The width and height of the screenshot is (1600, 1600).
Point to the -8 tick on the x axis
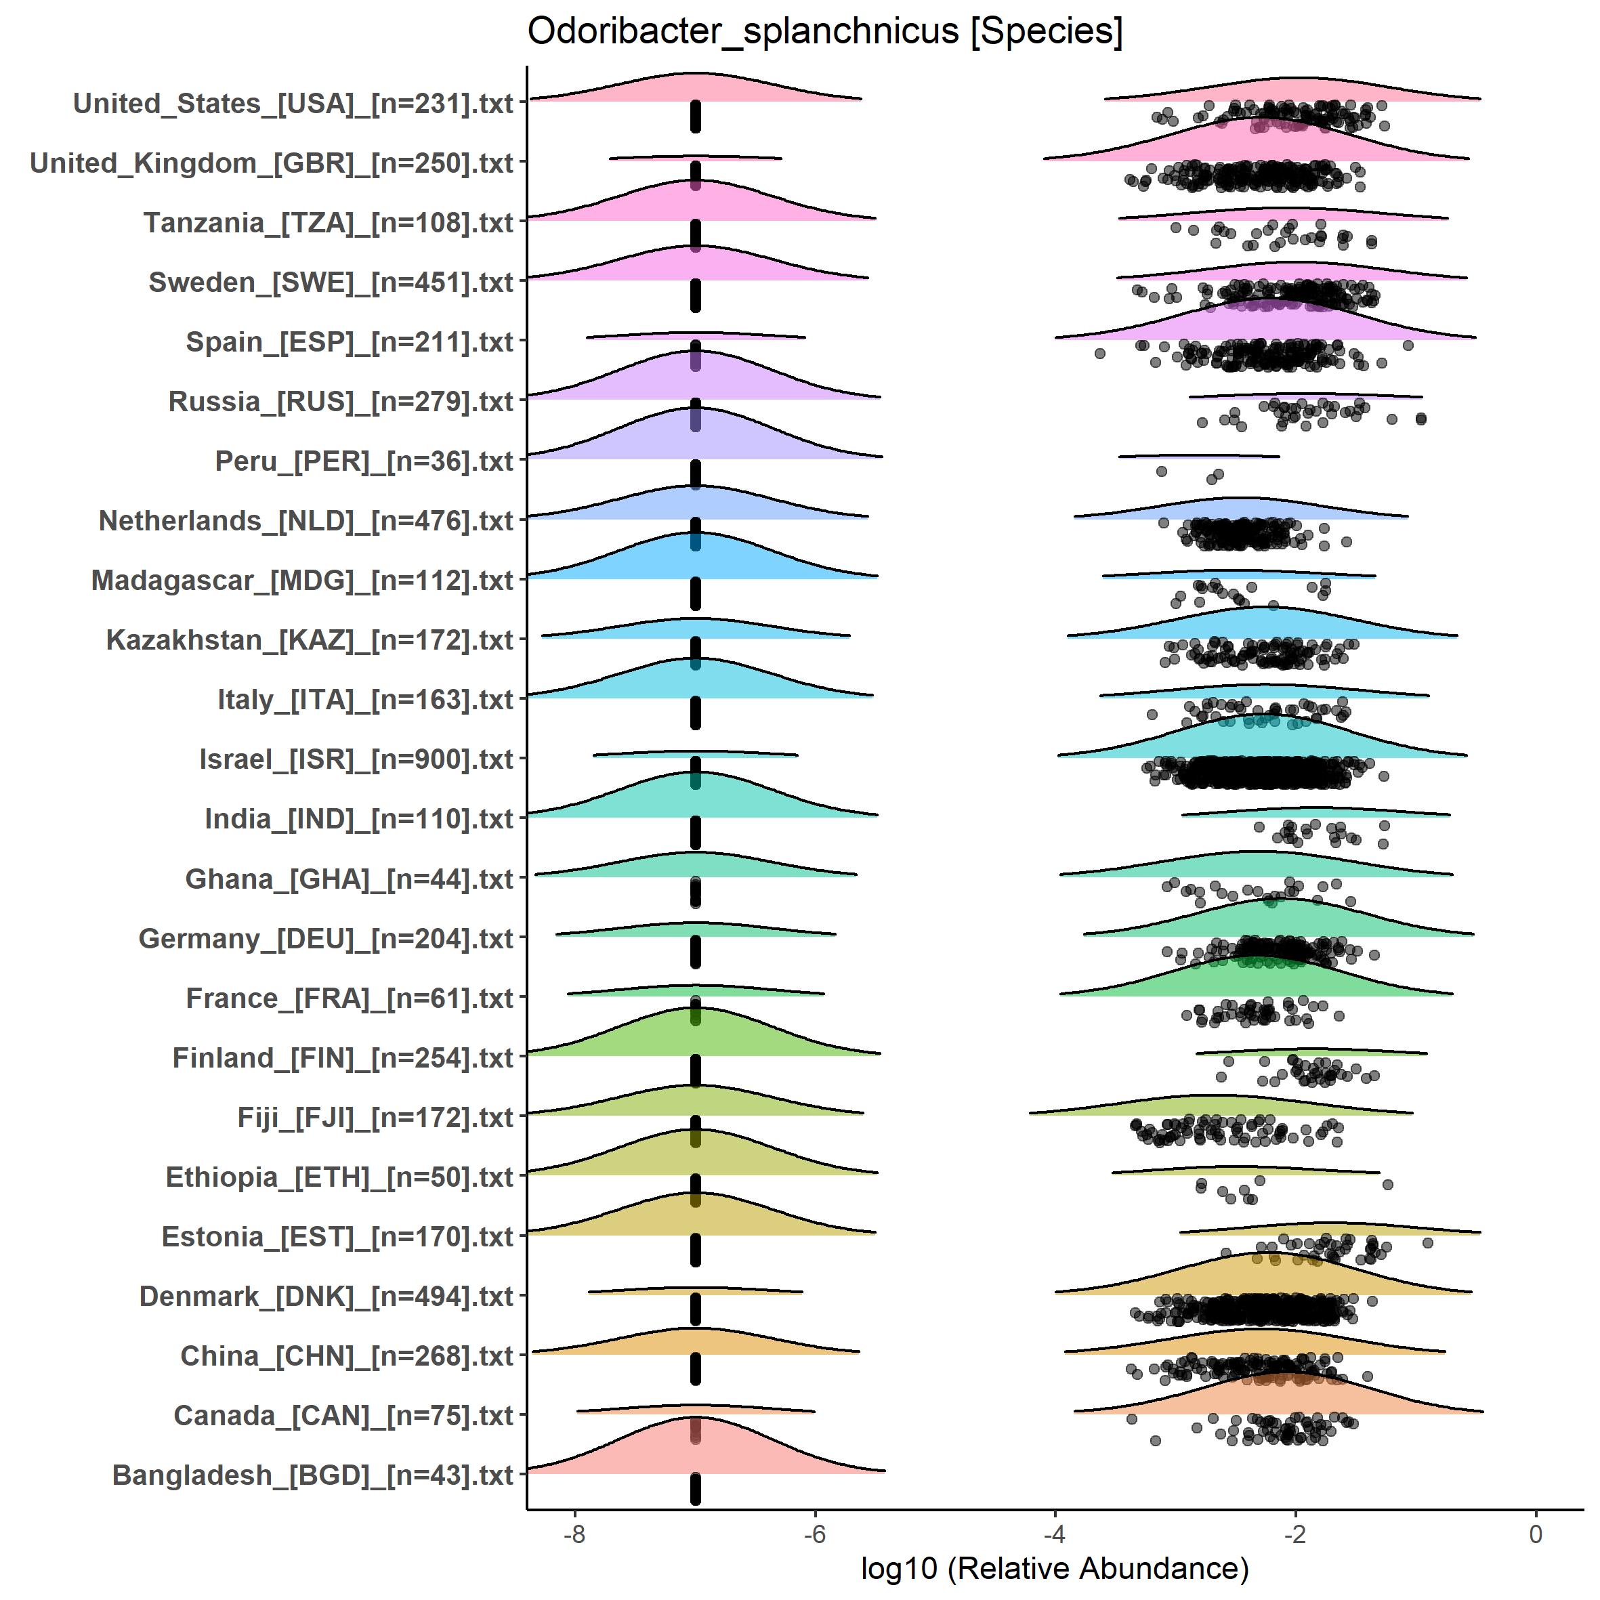[574, 1534]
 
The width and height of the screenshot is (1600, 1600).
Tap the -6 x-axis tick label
[815, 1534]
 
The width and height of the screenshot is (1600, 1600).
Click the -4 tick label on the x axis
[1054, 1534]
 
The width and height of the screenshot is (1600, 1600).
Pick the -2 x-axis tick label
[1295, 1534]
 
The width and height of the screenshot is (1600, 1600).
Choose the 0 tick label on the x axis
[1536, 1534]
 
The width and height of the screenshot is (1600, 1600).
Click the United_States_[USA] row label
[293, 104]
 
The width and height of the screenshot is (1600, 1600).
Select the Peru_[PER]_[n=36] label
[364, 461]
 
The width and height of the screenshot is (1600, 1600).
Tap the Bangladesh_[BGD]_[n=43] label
[313, 1475]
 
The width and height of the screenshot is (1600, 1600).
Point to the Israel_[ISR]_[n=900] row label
[356, 759]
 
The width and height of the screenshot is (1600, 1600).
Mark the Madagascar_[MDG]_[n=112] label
[302, 581]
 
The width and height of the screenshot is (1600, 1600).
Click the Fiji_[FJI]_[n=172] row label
[375, 1117]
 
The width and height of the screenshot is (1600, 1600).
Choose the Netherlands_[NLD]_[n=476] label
[306, 521]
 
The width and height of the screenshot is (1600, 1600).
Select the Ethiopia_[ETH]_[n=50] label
[339, 1177]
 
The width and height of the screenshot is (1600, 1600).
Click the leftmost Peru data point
[1161, 471]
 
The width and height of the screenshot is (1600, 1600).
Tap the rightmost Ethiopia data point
[1388, 1184]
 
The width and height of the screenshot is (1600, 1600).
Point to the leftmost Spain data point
[1100, 354]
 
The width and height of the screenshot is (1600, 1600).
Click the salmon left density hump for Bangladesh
[696, 1449]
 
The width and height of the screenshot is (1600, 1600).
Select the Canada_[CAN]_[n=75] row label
[343, 1415]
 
